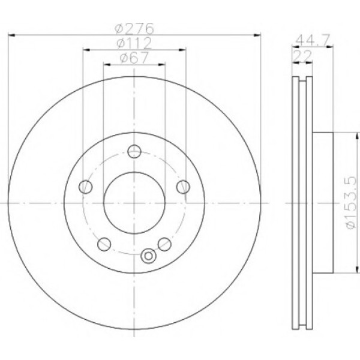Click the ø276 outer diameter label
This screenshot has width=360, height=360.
pos(135,28)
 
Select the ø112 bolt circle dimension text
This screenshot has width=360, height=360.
pos(133,43)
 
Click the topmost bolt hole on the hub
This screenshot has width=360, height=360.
pos(134,151)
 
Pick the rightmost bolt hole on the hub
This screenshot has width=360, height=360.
pos(182,187)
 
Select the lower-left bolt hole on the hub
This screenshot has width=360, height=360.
pos(104,243)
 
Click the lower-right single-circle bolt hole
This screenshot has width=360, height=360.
pos(164,243)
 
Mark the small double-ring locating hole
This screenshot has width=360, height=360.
pos(146,256)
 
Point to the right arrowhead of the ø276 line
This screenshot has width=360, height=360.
pos(259,35)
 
